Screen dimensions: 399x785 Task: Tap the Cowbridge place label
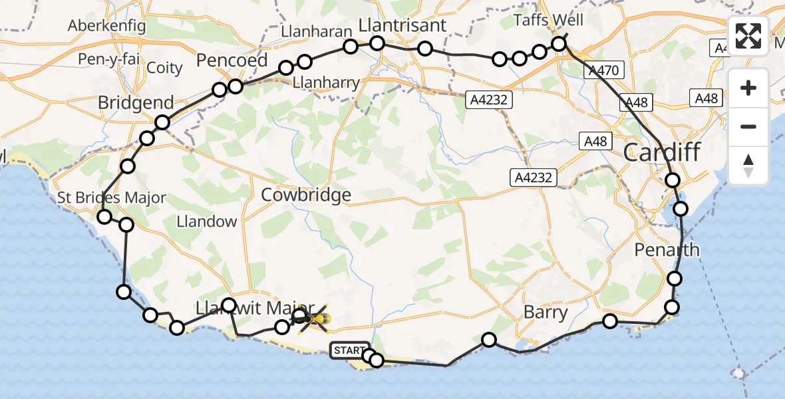click(x=306, y=195)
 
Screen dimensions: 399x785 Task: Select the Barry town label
click(x=546, y=312)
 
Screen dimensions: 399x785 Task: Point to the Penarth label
click(x=667, y=250)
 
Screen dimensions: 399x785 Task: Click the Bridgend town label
click(x=136, y=103)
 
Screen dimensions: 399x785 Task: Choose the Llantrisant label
click(x=402, y=25)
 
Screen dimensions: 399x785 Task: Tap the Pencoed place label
click(x=232, y=61)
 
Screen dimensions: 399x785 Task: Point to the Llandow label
click(x=207, y=221)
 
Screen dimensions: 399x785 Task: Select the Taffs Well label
click(x=549, y=21)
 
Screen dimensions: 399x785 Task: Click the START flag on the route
click(x=349, y=350)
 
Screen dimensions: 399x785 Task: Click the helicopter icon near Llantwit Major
click(x=313, y=321)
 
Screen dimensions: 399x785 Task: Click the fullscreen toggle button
click(x=748, y=36)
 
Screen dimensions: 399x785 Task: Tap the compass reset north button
click(x=748, y=166)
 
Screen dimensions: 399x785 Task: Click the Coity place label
click(x=164, y=67)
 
